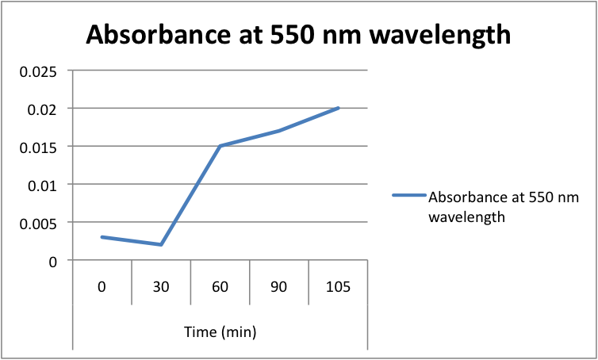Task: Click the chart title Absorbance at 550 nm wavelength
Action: (x=298, y=35)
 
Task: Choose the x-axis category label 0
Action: (x=102, y=286)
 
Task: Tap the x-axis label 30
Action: (x=161, y=286)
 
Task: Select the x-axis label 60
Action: (x=220, y=286)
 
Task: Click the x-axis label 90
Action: (x=278, y=286)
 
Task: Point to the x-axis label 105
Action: (x=338, y=286)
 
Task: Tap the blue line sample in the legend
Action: (x=408, y=197)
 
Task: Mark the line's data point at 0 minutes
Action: (x=102, y=237)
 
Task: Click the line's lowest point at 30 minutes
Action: (x=161, y=244)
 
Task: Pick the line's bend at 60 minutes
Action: (x=220, y=146)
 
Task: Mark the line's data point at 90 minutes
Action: (x=278, y=131)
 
